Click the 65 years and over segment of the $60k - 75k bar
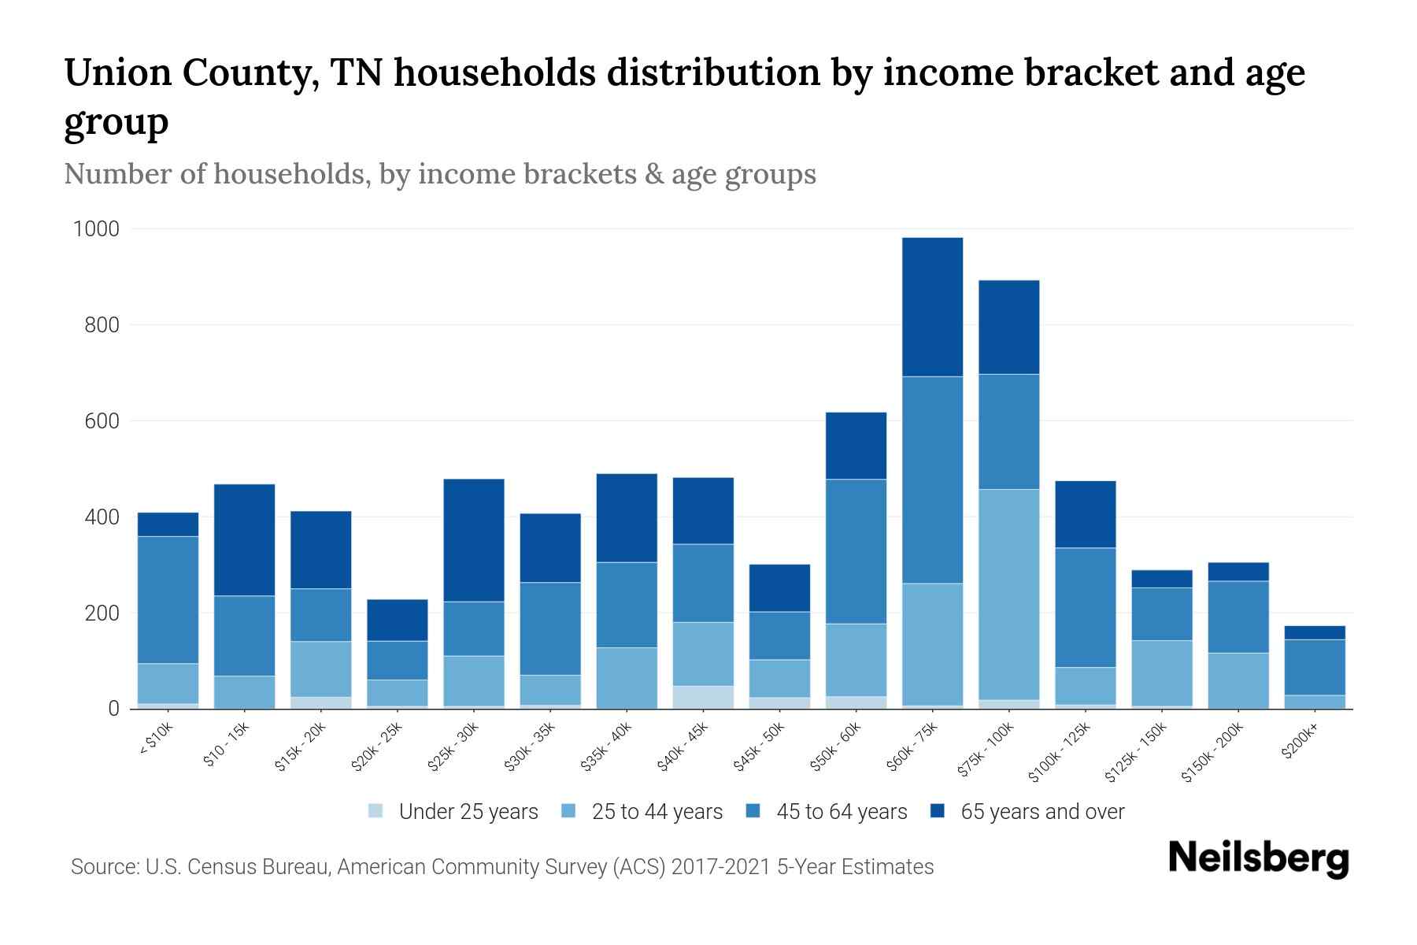click(932, 307)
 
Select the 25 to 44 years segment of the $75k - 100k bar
click(1008, 595)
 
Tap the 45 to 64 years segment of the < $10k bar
click(168, 600)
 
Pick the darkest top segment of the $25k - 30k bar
click(474, 540)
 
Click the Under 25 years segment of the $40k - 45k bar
click(703, 697)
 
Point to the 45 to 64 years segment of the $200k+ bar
click(1314, 667)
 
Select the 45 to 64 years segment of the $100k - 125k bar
click(1085, 607)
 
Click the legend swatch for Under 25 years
click(376, 811)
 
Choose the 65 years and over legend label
click(1042, 812)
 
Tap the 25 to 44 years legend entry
click(657, 812)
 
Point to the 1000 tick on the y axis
click(96, 229)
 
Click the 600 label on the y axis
click(102, 421)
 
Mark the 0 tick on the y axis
click(113, 709)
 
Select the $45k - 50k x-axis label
click(760, 747)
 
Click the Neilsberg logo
click(1258, 858)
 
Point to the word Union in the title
click(117, 73)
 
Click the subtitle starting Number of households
click(439, 174)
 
